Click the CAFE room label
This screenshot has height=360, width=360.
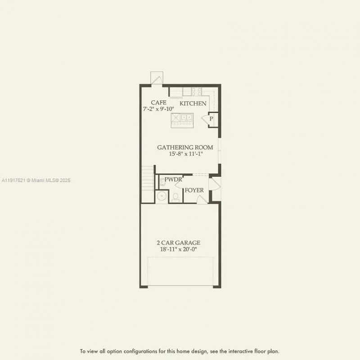158,103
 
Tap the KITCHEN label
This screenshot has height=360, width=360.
193,103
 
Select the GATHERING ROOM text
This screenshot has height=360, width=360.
185,147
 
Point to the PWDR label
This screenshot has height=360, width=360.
173,179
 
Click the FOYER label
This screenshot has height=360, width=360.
194,190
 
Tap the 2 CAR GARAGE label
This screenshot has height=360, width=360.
180,243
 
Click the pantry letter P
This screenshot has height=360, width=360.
211,119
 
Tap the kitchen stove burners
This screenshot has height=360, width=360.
196,91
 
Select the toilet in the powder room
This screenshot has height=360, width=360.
175,197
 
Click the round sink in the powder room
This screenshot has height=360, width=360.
161,196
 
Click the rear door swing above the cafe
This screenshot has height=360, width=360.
157,78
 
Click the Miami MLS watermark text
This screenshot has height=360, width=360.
36,180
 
